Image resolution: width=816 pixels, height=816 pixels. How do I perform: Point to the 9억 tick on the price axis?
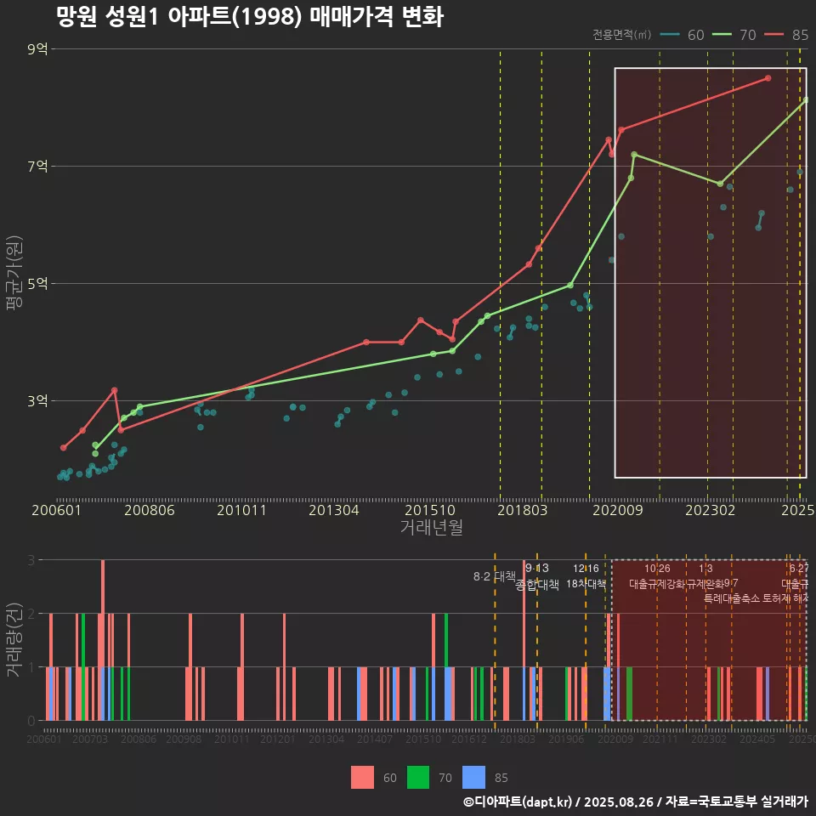(x=37, y=49)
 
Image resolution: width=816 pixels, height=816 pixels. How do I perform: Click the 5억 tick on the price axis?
(x=37, y=283)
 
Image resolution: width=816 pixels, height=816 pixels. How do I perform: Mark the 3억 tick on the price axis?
(x=37, y=400)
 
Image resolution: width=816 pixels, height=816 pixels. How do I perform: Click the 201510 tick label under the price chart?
(x=428, y=511)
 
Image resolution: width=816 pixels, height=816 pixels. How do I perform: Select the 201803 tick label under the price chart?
(x=521, y=511)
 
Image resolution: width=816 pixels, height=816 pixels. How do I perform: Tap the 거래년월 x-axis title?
(x=431, y=528)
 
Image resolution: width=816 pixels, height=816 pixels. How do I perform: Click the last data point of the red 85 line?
(x=768, y=77)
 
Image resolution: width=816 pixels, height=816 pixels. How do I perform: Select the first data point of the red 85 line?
(x=63, y=447)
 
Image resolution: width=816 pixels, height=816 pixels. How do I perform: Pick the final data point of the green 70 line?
(x=805, y=100)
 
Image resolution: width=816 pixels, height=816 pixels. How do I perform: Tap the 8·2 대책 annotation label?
(x=495, y=576)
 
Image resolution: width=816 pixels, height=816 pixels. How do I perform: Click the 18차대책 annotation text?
(x=586, y=584)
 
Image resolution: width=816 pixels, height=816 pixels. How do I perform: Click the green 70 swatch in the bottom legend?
(x=418, y=777)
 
